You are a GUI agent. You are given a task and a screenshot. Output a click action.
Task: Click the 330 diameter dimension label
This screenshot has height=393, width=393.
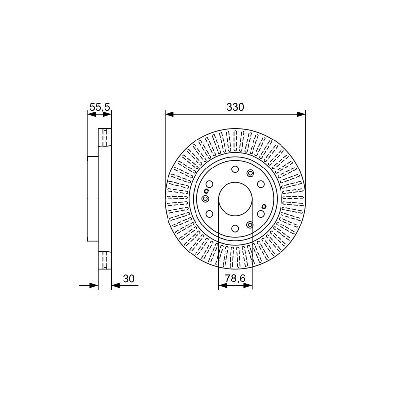click(x=235, y=107)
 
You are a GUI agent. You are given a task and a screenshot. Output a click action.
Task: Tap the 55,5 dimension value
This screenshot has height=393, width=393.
click(x=100, y=107)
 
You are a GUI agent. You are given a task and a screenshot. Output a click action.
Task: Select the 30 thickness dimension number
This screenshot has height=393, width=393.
click(x=129, y=279)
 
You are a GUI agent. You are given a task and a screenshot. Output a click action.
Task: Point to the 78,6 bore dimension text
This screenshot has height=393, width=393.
click(x=235, y=278)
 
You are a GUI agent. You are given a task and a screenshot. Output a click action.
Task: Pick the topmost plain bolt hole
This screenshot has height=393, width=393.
click(x=235, y=169)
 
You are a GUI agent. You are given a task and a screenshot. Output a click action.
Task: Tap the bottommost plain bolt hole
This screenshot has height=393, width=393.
click(x=235, y=228)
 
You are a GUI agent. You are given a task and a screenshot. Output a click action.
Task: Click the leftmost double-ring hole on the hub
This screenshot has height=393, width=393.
click(x=205, y=199)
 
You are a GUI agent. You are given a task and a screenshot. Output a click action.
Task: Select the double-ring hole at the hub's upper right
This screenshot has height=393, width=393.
click(x=250, y=173)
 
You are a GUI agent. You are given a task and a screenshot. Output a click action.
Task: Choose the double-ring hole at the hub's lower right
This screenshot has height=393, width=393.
click(x=250, y=225)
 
